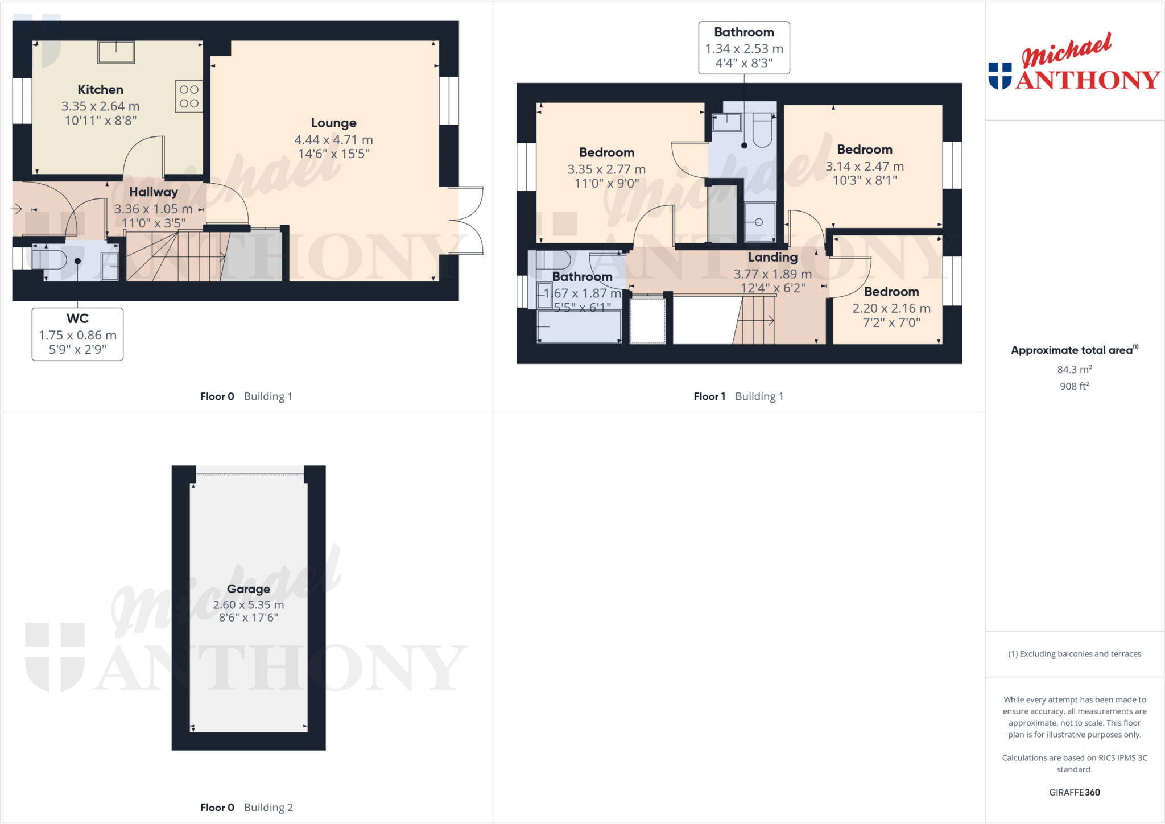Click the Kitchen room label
(100, 90)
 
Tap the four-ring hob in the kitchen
(189, 97)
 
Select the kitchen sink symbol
(116, 52)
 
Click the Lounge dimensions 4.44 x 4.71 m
(333, 140)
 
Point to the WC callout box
(77, 334)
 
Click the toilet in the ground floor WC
(50, 260)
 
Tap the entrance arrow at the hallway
(16, 209)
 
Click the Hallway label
(153, 192)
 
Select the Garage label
(248, 589)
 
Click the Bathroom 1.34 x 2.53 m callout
(743, 48)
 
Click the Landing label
(772, 257)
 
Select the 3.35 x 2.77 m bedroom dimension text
(606, 169)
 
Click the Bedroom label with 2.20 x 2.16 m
(891, 292)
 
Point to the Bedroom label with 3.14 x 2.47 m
(864, 150)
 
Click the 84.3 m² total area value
(1074, 370)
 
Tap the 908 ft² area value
(1074, 386)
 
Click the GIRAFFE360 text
(1074, 792)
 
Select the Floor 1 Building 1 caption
(738, 396)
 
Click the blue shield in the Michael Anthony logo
(1000, 76)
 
